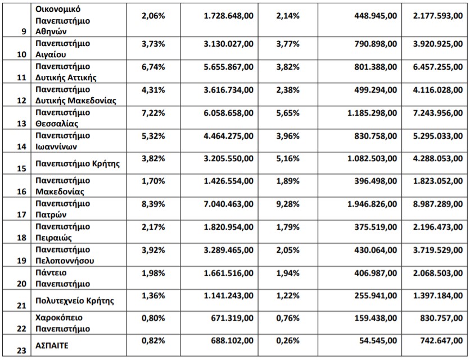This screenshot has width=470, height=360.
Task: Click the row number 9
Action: (24, 31)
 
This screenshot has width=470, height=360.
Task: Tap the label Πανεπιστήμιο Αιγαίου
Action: (62, 49)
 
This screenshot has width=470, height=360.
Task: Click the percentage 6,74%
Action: (153, 66)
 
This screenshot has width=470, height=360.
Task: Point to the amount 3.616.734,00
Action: (229, 89)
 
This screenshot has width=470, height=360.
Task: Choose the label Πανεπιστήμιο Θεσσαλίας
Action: (62, 118)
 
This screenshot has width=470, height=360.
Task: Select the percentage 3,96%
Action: (288, 135)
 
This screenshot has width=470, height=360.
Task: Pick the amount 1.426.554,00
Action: (229, 181)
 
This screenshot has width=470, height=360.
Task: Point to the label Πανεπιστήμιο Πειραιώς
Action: (62, 233)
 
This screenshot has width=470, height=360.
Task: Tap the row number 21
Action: (21, 306)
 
